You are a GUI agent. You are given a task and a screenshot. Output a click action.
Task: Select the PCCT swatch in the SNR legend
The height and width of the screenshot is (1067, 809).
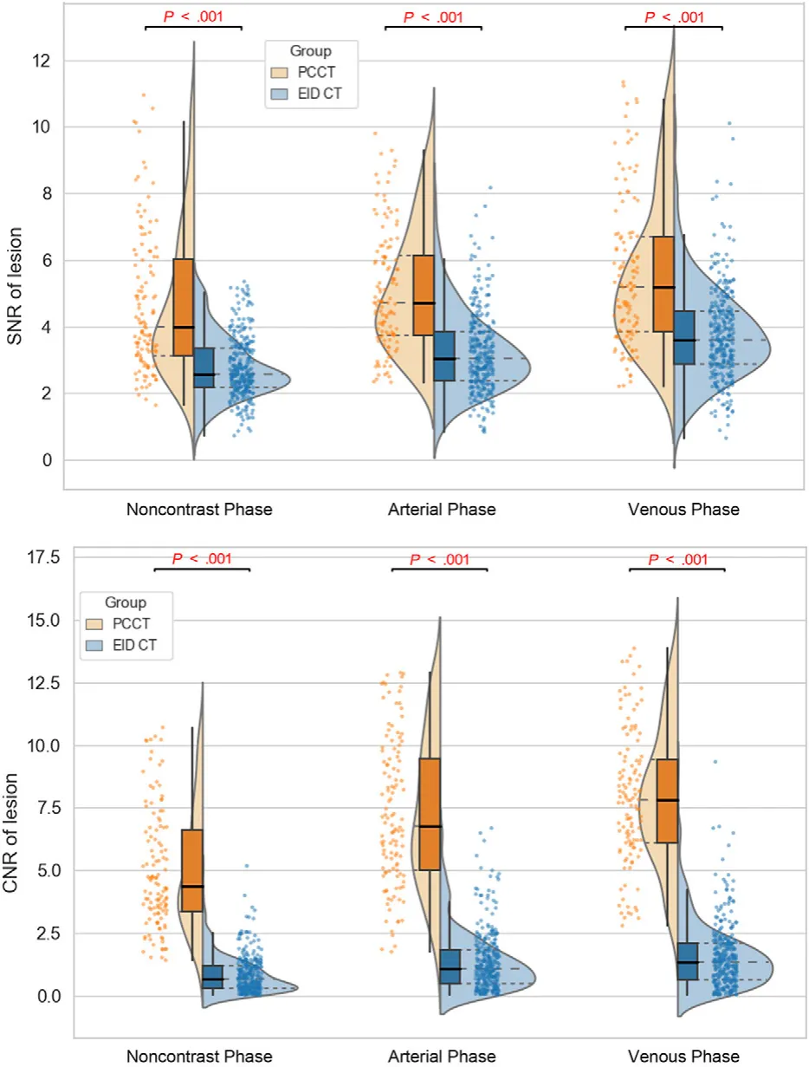283,72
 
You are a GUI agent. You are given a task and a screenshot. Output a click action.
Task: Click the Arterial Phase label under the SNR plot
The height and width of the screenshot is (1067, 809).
441,510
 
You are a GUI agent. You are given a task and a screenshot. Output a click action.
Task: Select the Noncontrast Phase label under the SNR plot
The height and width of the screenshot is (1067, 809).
199,510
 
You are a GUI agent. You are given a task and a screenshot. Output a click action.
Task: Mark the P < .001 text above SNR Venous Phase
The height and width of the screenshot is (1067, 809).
673,16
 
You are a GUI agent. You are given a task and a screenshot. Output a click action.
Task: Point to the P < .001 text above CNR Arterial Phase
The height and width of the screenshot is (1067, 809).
438,559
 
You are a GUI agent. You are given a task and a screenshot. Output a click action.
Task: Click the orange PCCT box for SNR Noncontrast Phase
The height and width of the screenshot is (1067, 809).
183,307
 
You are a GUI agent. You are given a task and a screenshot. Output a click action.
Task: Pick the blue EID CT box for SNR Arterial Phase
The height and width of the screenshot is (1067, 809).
444,355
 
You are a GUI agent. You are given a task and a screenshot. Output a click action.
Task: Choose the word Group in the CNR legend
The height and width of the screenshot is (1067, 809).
126,602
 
